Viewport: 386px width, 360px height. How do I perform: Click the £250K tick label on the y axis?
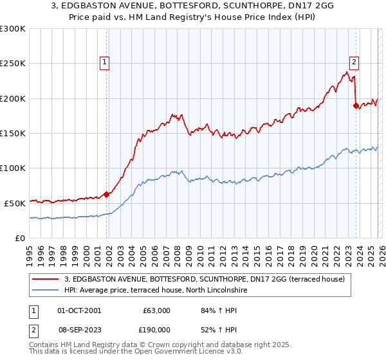[x=13, y=64]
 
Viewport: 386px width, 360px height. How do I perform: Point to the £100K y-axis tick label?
[x=13, y=168]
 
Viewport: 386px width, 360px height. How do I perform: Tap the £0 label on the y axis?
[x=19, y=238]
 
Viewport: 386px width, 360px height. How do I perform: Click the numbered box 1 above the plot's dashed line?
[x=104, y=62]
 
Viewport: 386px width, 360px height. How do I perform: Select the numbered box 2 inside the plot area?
[x=354, y=62]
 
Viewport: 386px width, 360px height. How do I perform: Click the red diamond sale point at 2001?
[x=106, y=194]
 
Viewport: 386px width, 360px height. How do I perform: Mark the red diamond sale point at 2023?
[x=356, y=106]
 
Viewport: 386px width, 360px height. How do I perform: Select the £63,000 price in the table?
[x=156, y=310]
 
